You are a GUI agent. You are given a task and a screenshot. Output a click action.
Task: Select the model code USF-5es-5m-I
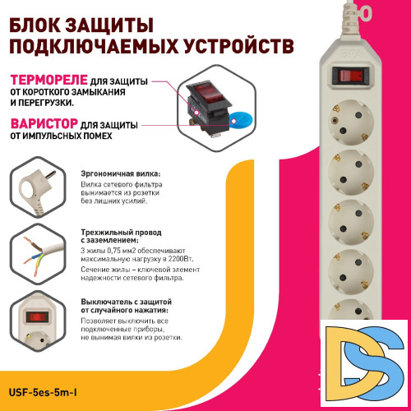pos(51,394)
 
